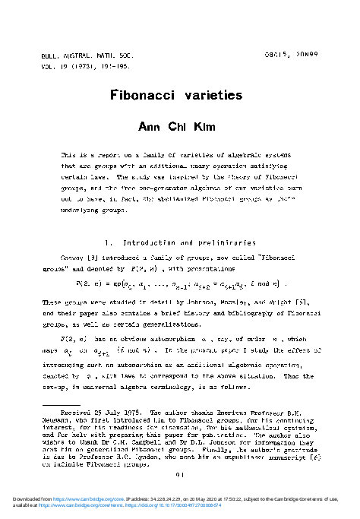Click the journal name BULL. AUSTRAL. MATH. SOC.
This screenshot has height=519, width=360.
click(x=77, y=56)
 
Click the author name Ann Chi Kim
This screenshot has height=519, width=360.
click(x=180, y=126)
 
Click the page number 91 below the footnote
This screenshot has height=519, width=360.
click(x=179, y=475)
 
